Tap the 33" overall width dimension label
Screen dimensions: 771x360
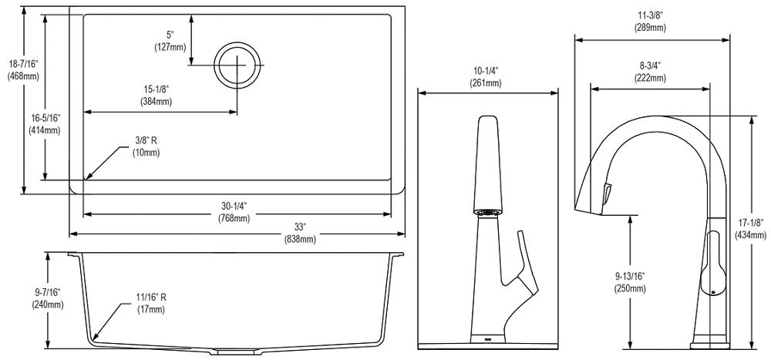click(x=300, y=233)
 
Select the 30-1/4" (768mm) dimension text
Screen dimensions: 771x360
click(x=234, y=212)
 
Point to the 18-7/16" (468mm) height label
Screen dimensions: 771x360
click(x=23, y=69)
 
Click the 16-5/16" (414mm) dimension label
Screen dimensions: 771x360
click(x=45, y=124)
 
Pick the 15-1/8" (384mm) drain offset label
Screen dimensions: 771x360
click(x=157, y=96)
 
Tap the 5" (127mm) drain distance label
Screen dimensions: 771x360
click(x=170, y=41)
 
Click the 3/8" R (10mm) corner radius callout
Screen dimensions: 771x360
click(x=146, y=146)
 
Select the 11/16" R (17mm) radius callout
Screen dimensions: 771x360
click(x=151, y=304)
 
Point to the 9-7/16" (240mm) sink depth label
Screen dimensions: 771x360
click(x=47, y=298)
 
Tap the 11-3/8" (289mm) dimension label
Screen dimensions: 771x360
click(x=650, y=21)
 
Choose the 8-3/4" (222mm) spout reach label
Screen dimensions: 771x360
click(x=649, y=72)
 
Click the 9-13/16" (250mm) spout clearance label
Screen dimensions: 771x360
click(x=629, y=282)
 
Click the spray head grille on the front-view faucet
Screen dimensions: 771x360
click(x=487, y=212)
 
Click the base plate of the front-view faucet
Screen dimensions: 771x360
click(x=488, y=345)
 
